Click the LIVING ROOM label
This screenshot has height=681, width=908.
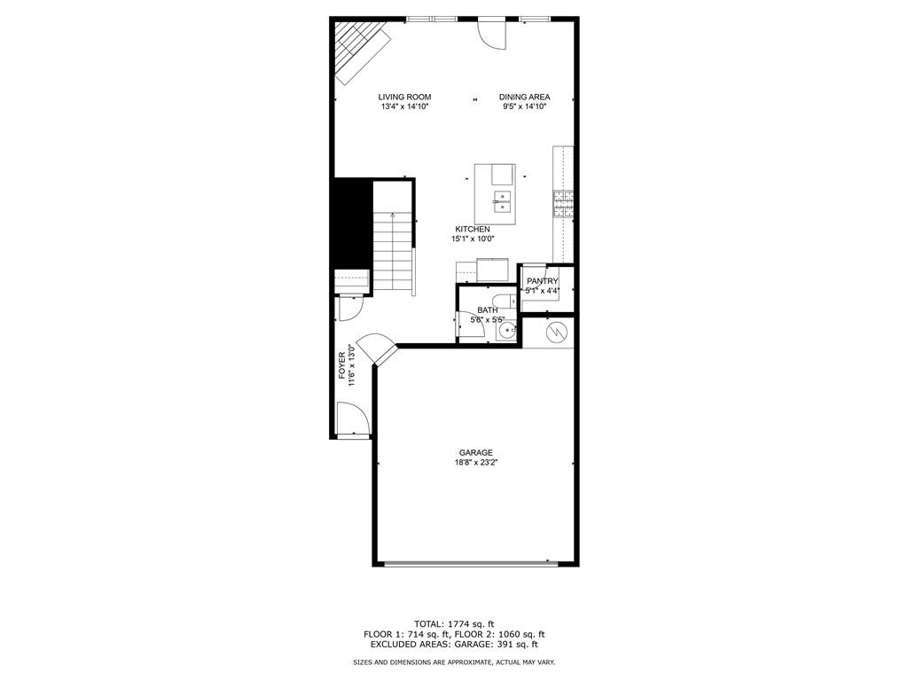pos(404,97)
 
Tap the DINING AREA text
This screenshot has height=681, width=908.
pos(524,97)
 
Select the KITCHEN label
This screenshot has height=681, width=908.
pos(472,229)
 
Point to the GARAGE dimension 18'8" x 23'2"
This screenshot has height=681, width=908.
pos(475,462)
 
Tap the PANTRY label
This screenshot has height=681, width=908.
pos(542,281)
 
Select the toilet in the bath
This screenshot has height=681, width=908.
pos(501,301)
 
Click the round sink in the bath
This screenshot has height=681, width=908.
pos(507,332)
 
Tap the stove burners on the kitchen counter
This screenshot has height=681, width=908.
pos(563,206)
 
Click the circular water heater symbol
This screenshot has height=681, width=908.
pos(556,332)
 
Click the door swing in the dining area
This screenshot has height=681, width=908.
pos(490,33)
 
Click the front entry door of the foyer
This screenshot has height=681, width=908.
pos(352,419)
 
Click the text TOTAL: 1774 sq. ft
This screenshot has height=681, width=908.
pos(454,622)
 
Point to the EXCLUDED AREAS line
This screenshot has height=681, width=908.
pos(454,645)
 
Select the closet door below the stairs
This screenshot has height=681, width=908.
pos(350,307)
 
